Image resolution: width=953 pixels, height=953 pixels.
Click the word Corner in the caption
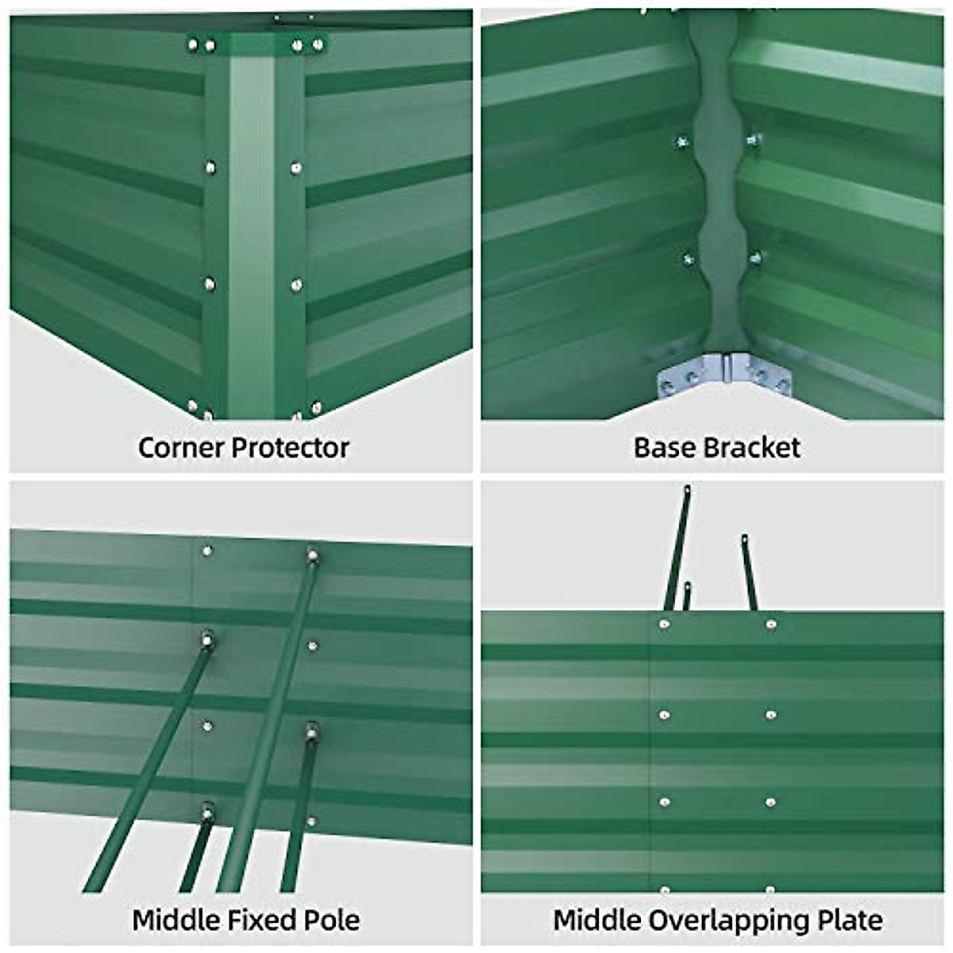point(182,448)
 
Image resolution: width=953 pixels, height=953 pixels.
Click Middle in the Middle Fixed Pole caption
point(176,920)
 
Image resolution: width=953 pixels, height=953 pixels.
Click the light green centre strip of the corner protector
point(252,238)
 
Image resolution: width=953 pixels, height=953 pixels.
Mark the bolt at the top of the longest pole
point(313,555)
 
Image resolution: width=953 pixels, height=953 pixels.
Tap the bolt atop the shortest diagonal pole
point(208,812)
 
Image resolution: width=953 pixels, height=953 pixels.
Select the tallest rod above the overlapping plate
point(677,548)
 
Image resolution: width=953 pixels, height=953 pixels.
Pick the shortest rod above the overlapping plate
point(686,596)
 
